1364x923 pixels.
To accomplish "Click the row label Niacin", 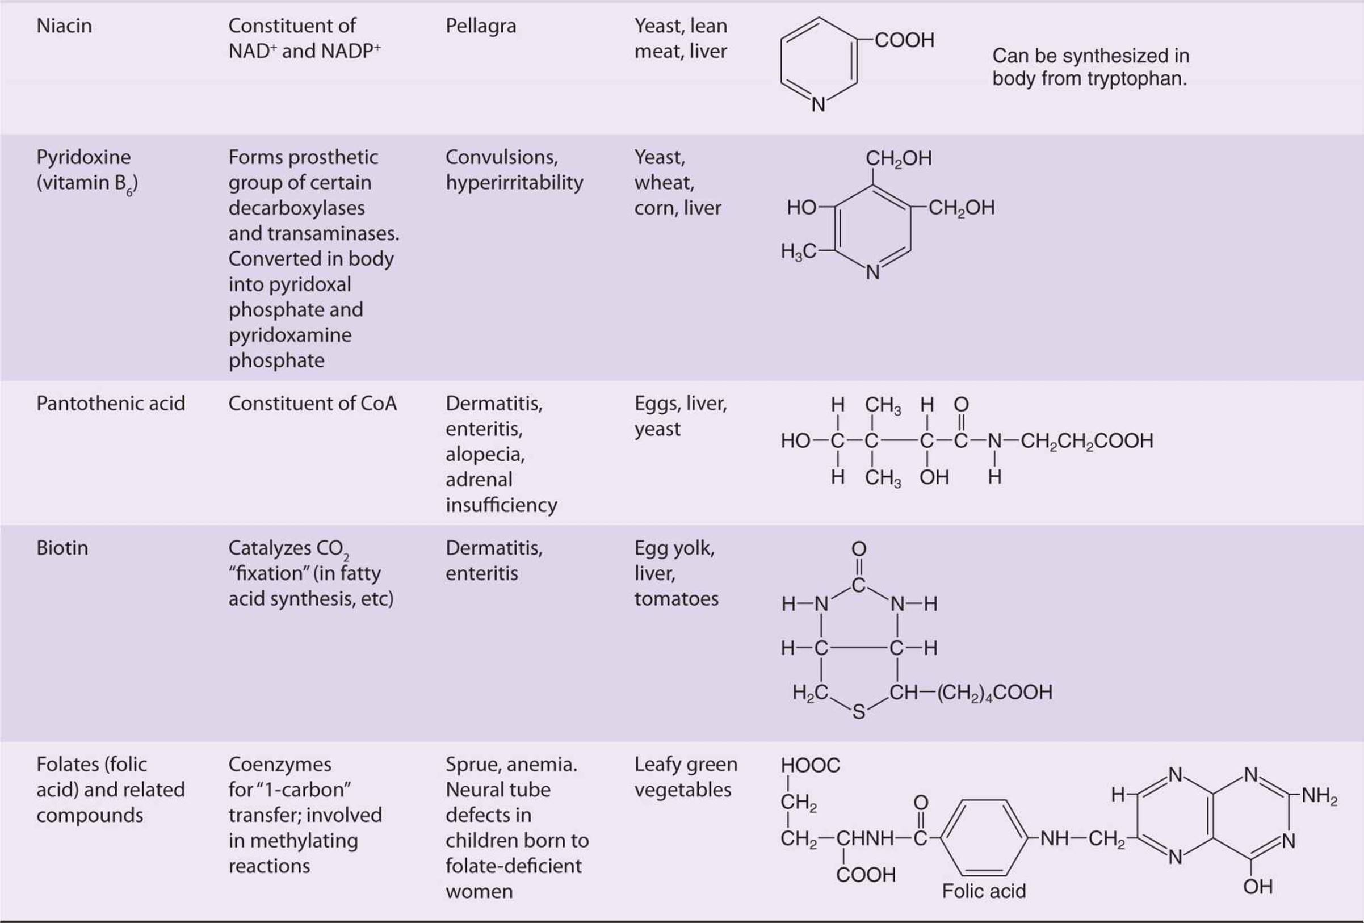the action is click(x=64, y=26).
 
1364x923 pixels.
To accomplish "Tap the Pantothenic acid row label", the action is click(x=111, y=403).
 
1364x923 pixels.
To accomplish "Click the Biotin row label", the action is click(x=62, y=547).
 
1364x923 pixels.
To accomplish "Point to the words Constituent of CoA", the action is click(x=312, y=403).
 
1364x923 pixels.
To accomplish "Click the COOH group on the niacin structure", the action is click(x=904, y=40).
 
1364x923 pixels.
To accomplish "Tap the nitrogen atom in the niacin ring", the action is click(x=818, y=104).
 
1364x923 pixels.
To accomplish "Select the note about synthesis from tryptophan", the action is click(x=1090, y=67).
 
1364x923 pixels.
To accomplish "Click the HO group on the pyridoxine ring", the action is click(x=801, y=207).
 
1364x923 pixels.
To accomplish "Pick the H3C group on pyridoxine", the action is click(x=798, y=251).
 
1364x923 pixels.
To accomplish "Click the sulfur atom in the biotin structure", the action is click(x=859, y=712).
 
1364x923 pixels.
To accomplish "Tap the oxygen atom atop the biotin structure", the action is click(x=859, y=549).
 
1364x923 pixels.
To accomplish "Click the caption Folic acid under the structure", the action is click(x=984, y=891).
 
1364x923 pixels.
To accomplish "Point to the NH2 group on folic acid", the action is click(x=1319, y=796).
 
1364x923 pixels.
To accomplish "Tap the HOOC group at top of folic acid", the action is click(x=810, y=765).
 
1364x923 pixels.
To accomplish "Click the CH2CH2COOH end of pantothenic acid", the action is click(x=1087, y=441).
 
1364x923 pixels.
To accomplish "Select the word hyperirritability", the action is click(x=514, y=182).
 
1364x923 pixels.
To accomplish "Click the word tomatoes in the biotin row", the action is click(x=676, y=598).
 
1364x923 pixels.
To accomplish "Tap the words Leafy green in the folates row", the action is click(x=686, y=765).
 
